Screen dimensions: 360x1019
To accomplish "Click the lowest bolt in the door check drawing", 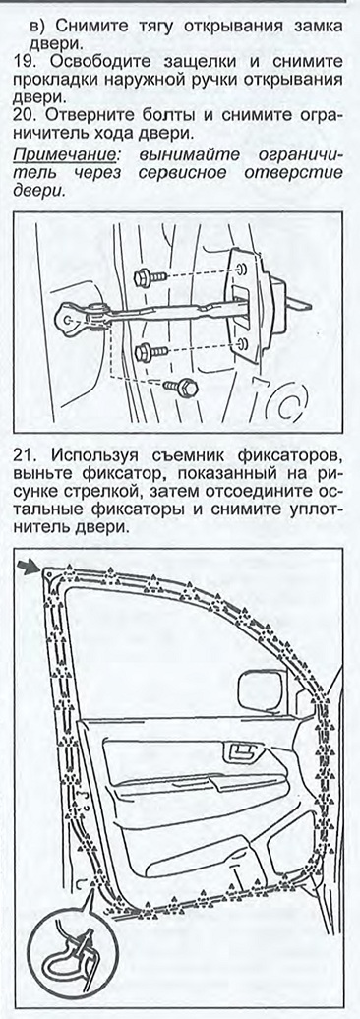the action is point(181,388).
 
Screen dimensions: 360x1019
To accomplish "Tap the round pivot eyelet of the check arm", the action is point(68,318).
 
